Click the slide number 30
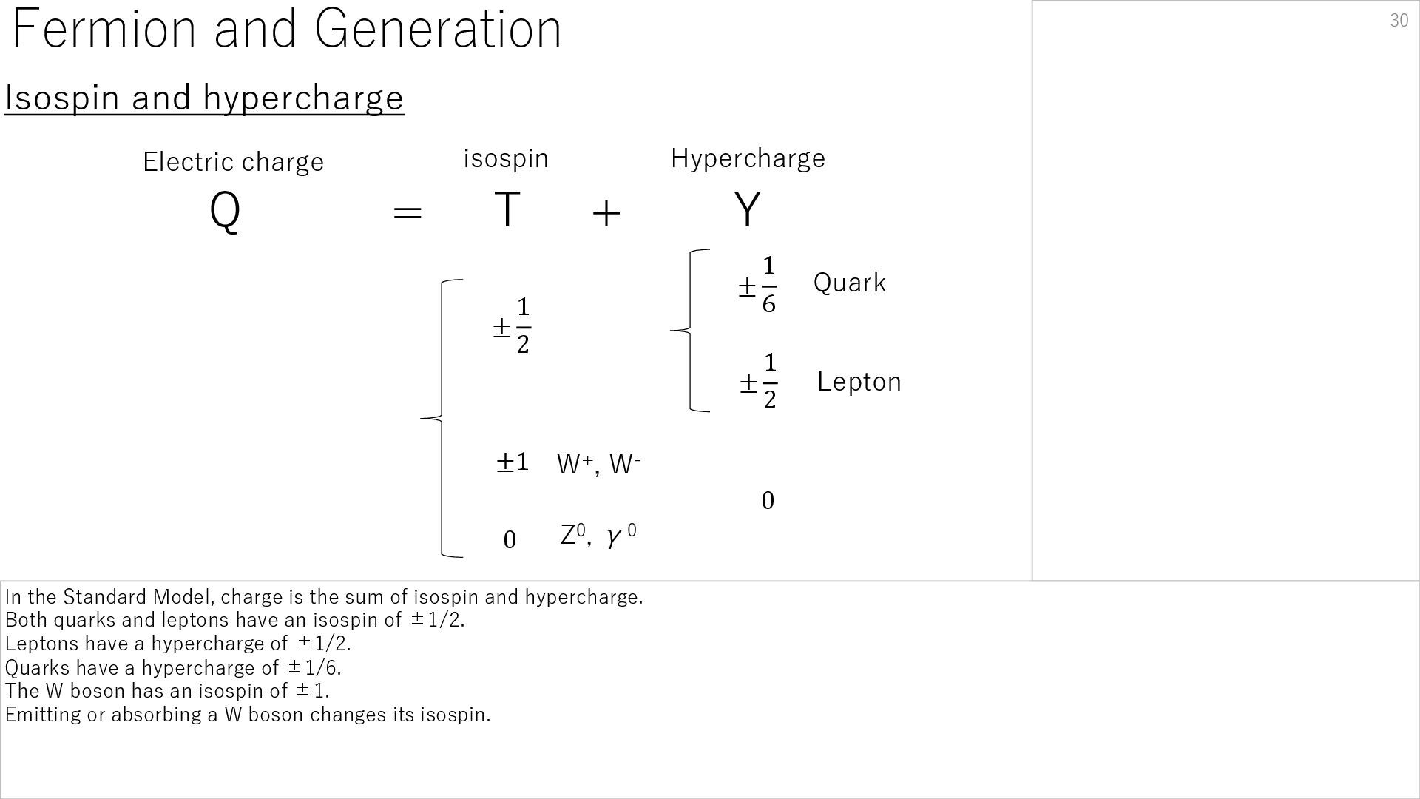pyautogui.click(x=1399, y=21)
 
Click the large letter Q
pyautogui.click(x=225, y=211)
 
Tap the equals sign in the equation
pyautogui.click(x=407, y=213)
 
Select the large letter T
pyautogui.click(x=507, y=209)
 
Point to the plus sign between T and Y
pyautogui.click(x=606, y=214)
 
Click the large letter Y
pyautogui.click(x=747, y=209)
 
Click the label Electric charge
pyautogui.click(x=233, y=162)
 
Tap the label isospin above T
pyautogui.click(x=506, y=158)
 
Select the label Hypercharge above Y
pyautogui.click(x=748, y=158)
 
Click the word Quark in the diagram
pyautogui.click(x=849, y=283)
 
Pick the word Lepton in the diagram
pyautogui.click(x=859, y=382)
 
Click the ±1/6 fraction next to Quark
pyautogui.click(x=758, y=286)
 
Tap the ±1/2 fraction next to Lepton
pyautogui.click(x=759, y=382)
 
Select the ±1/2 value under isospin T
pyautogui.click(x=512, y=326)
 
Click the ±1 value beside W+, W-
pyautogui.click(x=512, y=462)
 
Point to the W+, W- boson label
pyautogui.click(x=598, y=465)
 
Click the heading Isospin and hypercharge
pyautogui.click(x=204, y=98)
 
